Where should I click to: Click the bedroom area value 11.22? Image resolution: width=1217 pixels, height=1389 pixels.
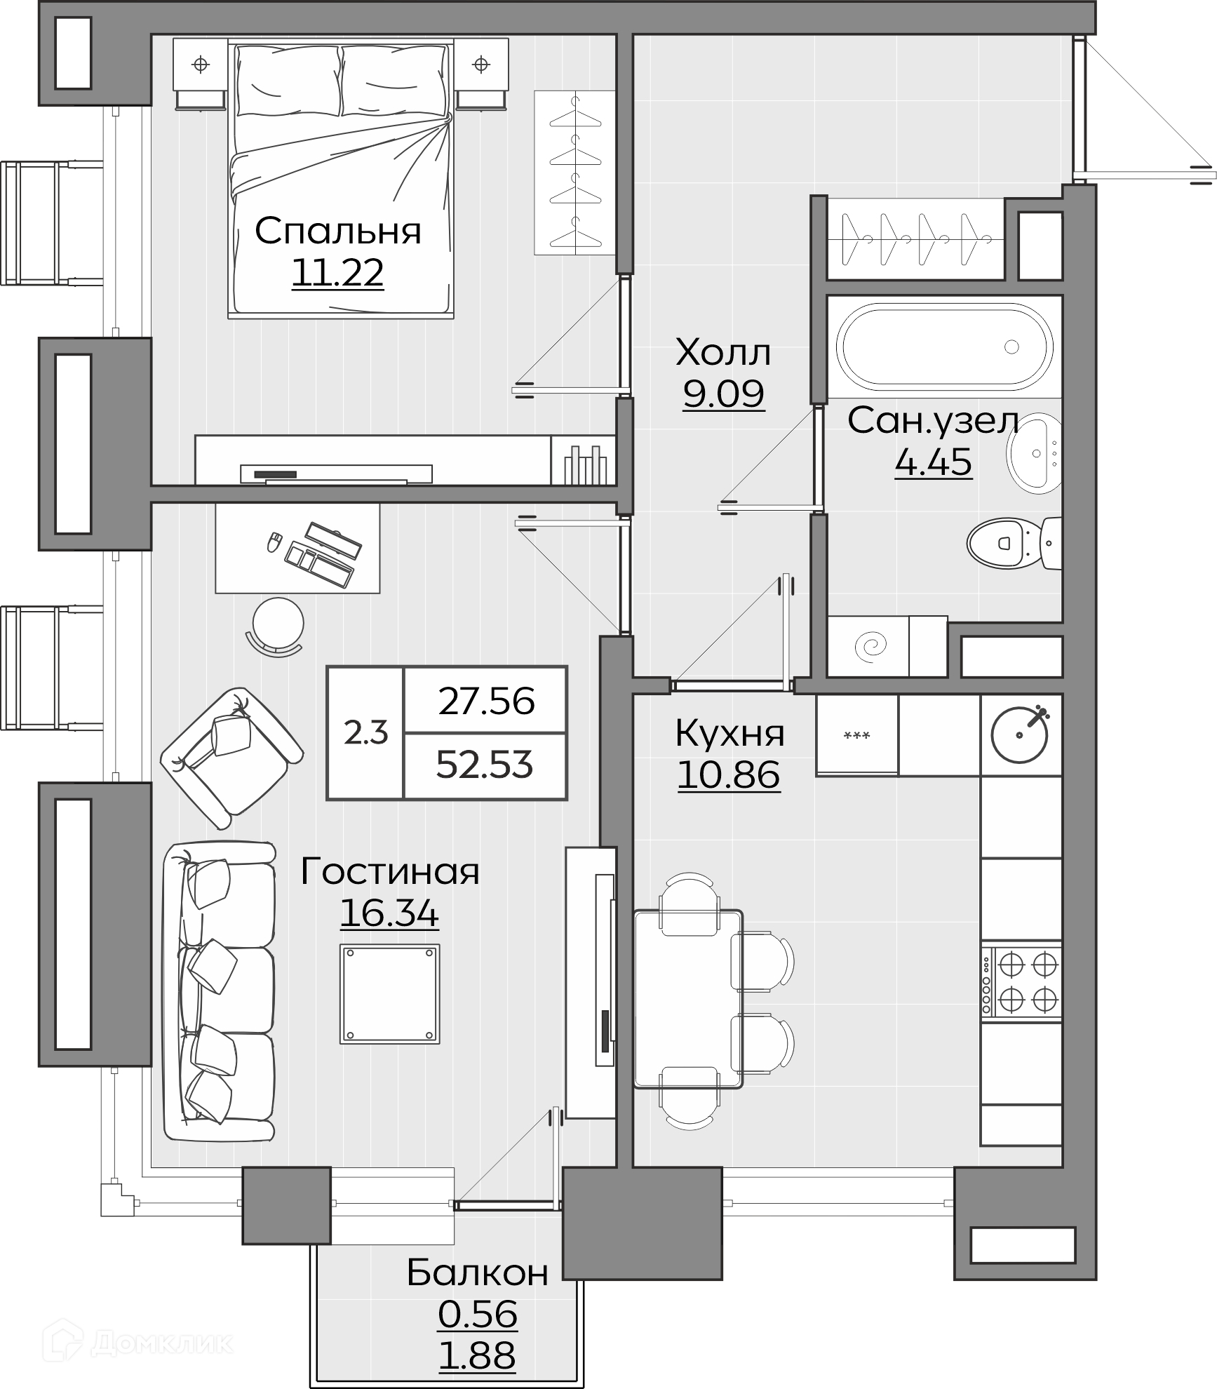[337, 273]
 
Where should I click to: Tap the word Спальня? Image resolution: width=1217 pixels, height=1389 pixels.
[337, 231]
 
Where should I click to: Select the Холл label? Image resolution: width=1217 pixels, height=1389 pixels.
[723, 352]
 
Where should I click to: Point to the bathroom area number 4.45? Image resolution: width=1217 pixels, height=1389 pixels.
[933, 462]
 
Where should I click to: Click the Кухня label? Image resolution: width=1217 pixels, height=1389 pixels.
[729, 734]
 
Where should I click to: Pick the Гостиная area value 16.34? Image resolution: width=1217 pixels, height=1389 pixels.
[389, 914]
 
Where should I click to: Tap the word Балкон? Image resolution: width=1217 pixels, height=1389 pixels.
[477, 1273]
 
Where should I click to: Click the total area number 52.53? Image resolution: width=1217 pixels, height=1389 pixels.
[485, 765]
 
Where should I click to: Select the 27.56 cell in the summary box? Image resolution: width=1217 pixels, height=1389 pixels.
[486, 701]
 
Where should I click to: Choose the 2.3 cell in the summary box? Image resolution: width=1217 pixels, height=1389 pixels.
[365, 733]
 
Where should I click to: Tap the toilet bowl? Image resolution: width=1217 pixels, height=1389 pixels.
[1014, 544]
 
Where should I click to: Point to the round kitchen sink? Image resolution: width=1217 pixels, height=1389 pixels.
[1020, 735]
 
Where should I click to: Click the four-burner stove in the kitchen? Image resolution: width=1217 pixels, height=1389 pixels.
[1021, 982]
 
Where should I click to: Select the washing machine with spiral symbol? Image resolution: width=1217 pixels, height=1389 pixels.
[868, 646]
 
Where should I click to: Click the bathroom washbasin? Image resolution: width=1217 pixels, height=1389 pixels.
[1033, 453]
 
